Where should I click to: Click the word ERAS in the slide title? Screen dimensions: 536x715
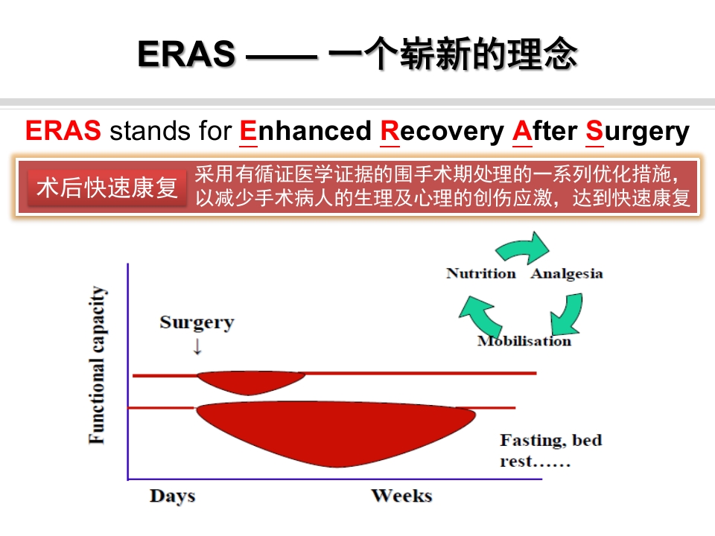pos(186,54)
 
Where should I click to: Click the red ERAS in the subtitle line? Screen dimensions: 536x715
pos(63,131)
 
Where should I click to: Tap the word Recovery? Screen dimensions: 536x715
pos(441,131)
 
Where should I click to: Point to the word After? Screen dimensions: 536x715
pos(544,131)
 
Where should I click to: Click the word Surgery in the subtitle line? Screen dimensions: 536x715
pos(637,131)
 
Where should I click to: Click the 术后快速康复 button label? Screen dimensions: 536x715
pos(107,188)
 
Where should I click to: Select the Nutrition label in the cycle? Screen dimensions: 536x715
pos(480,273)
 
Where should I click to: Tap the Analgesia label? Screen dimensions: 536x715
pos(567,273)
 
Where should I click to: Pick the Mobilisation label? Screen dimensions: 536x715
pos(524,341)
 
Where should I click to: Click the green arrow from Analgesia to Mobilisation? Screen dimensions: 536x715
pos(568,313)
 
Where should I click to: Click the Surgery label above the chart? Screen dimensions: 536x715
pos(197,322)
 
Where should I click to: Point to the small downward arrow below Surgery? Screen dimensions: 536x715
pos(197,346)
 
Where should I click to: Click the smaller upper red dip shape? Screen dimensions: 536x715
pos(250,381)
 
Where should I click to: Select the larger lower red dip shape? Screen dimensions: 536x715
pos(335,432)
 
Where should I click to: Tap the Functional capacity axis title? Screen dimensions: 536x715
pos(98,365)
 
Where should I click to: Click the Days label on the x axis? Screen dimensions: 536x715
pos(172,496)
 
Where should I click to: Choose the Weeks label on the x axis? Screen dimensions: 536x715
pos(401,496)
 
